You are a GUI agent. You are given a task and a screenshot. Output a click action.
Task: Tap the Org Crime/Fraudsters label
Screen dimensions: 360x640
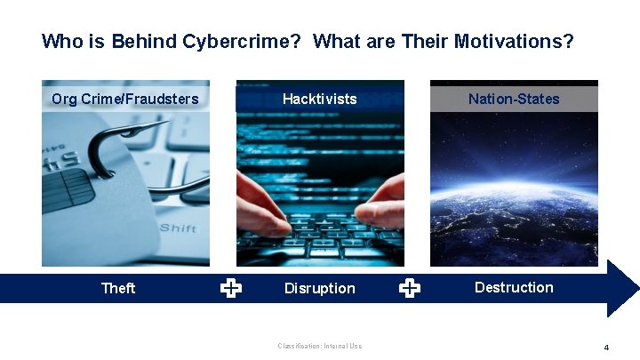click(x=125, y=99)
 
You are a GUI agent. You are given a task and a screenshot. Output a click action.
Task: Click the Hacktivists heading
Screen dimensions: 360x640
click(x=319, y=99)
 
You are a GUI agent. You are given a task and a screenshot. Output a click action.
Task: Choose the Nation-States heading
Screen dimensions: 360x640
click(x=514, y=99)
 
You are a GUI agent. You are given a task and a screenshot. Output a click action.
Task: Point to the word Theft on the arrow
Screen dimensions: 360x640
click(x=118, y=288)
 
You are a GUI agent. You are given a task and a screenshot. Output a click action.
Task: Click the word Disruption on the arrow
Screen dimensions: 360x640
click(x=319, y=288)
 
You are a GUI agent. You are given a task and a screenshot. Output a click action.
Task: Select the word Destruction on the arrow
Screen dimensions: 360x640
click(x=514, y=287)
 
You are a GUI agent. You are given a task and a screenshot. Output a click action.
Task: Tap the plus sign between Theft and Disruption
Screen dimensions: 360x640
click(x=230, y=287)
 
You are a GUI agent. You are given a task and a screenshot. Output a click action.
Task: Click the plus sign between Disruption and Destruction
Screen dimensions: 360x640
click(x=410, y=287)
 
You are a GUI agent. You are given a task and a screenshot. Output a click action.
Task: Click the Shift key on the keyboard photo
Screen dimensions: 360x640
click(x=178, y=228)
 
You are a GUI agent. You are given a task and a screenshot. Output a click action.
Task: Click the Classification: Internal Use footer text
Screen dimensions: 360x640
click(x=319, y=346)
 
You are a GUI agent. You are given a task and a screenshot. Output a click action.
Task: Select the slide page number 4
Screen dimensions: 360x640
click(x=606, y=348)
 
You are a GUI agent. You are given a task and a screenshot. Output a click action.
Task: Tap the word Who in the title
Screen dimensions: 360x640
click(x=60, y=42)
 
